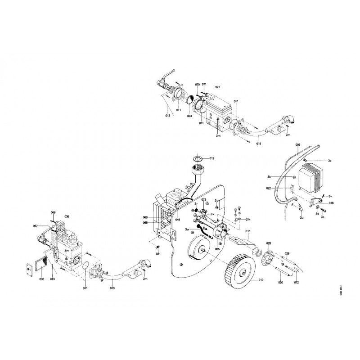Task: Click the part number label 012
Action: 212,158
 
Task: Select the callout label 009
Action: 297,144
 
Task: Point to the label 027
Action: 218,87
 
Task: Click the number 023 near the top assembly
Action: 190,116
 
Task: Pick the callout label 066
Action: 53,212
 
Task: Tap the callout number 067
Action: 36,226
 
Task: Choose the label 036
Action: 42,279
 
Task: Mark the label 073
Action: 203,199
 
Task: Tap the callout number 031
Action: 158,253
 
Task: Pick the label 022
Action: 280,188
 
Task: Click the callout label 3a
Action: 330,161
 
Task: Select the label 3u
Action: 301,217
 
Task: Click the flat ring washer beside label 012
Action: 198,158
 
